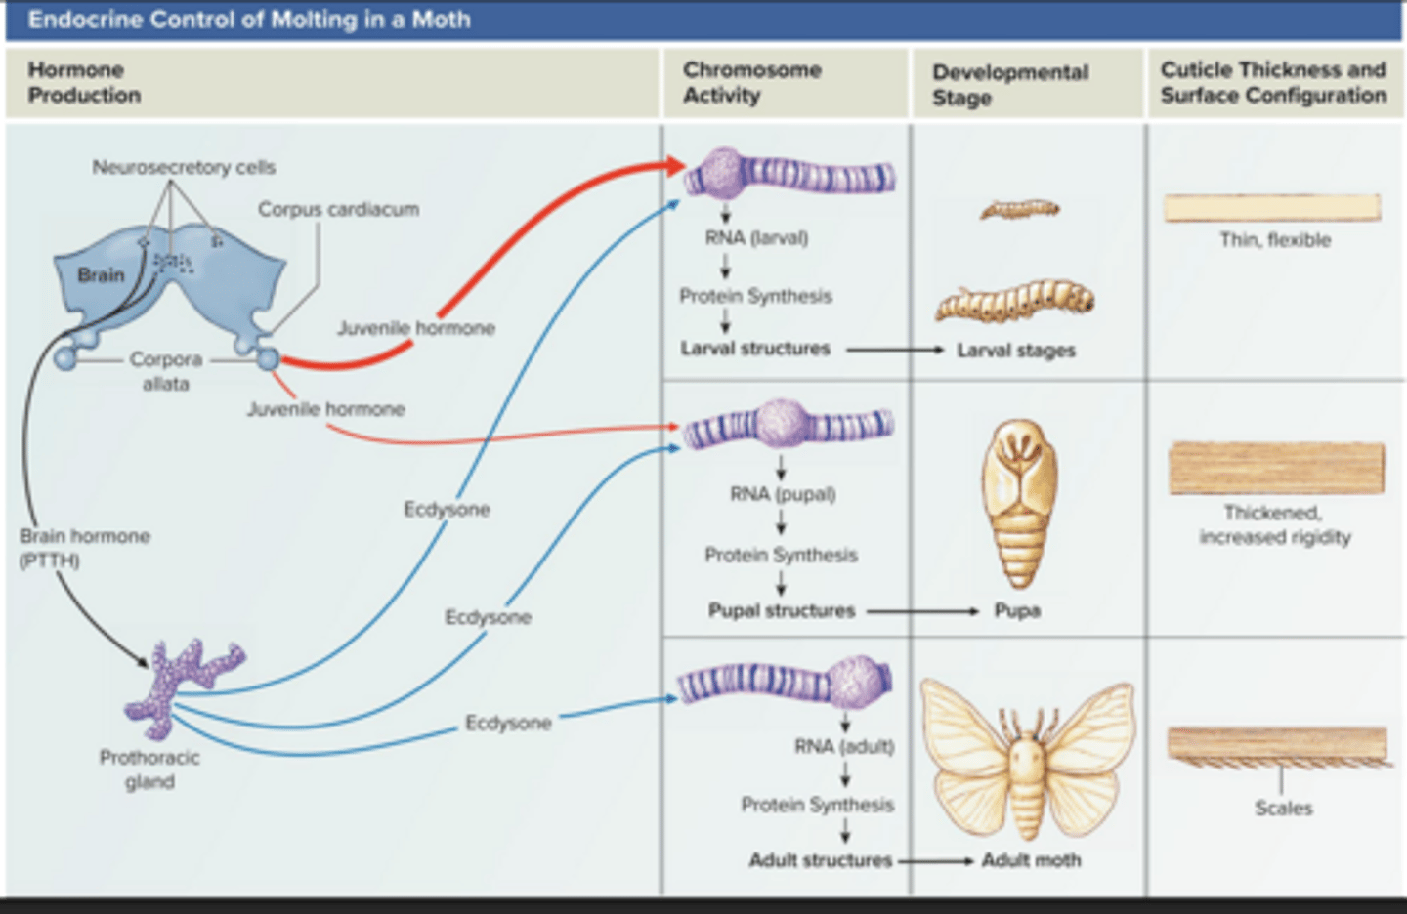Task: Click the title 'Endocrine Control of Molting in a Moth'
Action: pos(248,20)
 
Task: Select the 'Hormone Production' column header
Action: pos(84,83)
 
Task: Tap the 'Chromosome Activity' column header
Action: pos(751,83)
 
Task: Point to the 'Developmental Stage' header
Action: pos(1009,85)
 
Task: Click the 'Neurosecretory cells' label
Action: pos(184,167)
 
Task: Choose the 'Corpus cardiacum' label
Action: pos(338,209)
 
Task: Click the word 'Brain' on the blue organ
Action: pos(101,275)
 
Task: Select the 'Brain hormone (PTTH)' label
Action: pos(84,548)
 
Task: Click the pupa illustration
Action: pos(1018,503)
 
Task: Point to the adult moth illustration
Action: pos(1026,757)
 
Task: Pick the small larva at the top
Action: pos(1019,209)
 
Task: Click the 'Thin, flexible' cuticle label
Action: pos(1274,240)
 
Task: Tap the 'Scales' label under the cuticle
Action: pos(1283,808)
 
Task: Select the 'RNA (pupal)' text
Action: pos(783,494)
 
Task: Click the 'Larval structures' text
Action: pos(755,349)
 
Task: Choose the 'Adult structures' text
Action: pos(820,860)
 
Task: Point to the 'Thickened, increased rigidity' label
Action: pos(1274,524)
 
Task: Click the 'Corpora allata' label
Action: pos(165,371)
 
